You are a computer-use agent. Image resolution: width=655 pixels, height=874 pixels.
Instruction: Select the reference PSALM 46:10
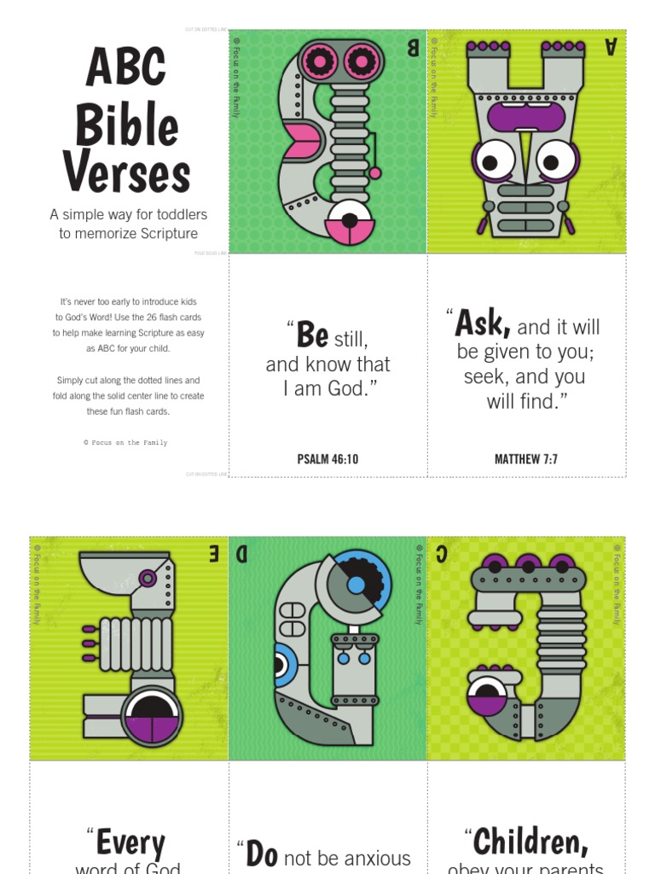click(327, 459)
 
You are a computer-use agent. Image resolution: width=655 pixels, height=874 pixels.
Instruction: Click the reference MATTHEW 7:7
click(526, 459)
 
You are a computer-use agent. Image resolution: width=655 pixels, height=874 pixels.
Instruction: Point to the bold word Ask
click(483, 323)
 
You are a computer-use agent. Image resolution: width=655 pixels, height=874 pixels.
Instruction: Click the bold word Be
click(312, 335)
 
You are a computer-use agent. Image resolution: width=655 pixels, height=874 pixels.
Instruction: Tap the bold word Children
click(530, 842)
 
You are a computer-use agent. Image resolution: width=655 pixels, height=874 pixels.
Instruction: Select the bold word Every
click(130, 843)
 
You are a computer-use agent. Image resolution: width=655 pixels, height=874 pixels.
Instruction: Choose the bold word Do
click(262, 854)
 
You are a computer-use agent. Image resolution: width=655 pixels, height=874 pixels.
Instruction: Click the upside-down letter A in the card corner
click(611, 47)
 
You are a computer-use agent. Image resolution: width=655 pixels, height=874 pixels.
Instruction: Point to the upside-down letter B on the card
click(413, 48)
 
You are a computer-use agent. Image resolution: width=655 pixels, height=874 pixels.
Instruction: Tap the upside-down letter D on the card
click(242, 555)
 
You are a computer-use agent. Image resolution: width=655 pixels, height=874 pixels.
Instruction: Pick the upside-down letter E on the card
click(213, 554)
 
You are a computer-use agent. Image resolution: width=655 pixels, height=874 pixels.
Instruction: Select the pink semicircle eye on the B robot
click(351, 230)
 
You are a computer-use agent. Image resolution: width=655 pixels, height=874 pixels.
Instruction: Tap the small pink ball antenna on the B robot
click(374, 173)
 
